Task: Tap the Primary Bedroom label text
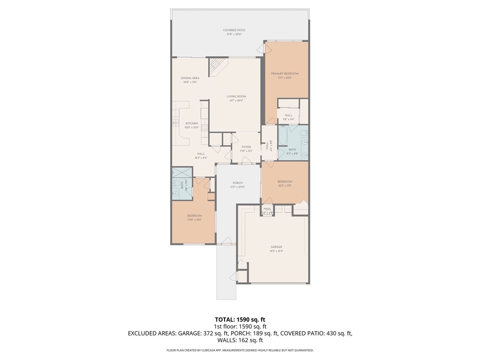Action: click(285, 74)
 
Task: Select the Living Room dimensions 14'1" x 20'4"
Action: click(236, 100)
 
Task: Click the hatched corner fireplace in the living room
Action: click(216, 66)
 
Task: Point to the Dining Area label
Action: click(190, 78)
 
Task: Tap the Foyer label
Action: click(247, 147)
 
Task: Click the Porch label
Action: click(238, 183)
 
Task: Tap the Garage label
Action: click(276, 247)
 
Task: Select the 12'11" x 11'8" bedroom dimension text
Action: click(285, 186)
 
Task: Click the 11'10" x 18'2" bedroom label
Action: click(194, 219)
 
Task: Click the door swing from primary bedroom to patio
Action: click(267, 48)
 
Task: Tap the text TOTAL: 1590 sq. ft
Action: click(240, 319)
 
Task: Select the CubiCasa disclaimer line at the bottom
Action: click(240, 350)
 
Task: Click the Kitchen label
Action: click(191, 123)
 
